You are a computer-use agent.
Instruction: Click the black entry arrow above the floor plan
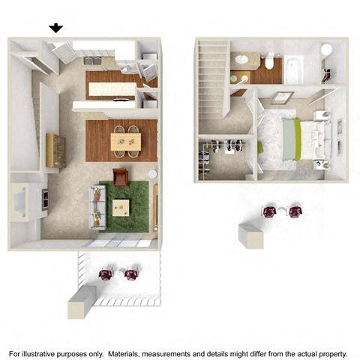pyautogui.click(x=56, y=28)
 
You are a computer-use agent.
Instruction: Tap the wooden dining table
pyautogui.click(x=124, y=139)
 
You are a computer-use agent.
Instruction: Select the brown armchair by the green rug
pyautogui.click(x=121, y=177)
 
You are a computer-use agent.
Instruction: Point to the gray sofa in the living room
pyautogui.click(x=96, y=205)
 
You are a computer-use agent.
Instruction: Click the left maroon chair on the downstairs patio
pyautogui.click(x=106, y=274)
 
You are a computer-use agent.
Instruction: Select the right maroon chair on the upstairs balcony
pyautogui.click(x=295, y=211)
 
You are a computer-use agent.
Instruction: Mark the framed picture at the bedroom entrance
pyautogui.click(x=283, y=97)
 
